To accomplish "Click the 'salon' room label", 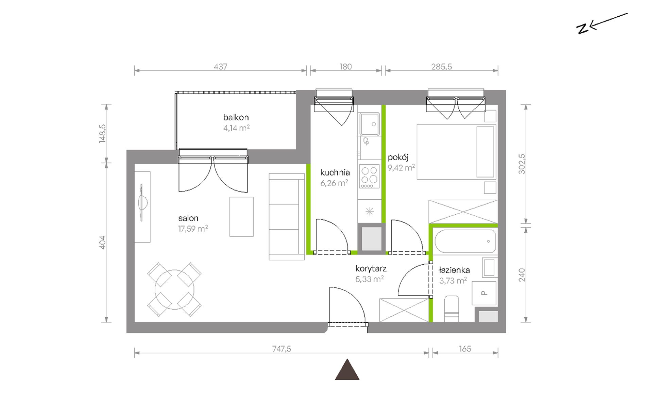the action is [x=188, y=218].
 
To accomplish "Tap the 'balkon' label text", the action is [x=236, y=117].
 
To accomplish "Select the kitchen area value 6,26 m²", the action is [x=334, y=183].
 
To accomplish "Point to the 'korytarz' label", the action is [x=371, y=269].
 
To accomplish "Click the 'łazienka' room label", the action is [x=454, y=270].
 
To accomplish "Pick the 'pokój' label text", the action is [x=398, y=157].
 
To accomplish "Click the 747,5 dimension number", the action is [x=282, y=349].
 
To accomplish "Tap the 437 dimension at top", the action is [x=220, y=67].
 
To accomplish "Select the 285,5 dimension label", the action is [x=441, y=67].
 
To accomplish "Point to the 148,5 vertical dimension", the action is [x=102, y=134].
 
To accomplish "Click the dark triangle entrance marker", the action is [x=347, y=370].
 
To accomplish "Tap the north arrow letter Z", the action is [x=582, y=29].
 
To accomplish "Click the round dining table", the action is [x=174, y=289].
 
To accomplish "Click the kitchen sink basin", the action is [x=370, y=124].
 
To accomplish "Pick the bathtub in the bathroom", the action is [x=465, y=241].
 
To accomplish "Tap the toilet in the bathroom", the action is [x=452, y=309].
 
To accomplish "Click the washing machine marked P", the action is [x=484, y=293].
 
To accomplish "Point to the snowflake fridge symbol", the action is [x=370, y=212].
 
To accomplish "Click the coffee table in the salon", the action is [x=241, y=217].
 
